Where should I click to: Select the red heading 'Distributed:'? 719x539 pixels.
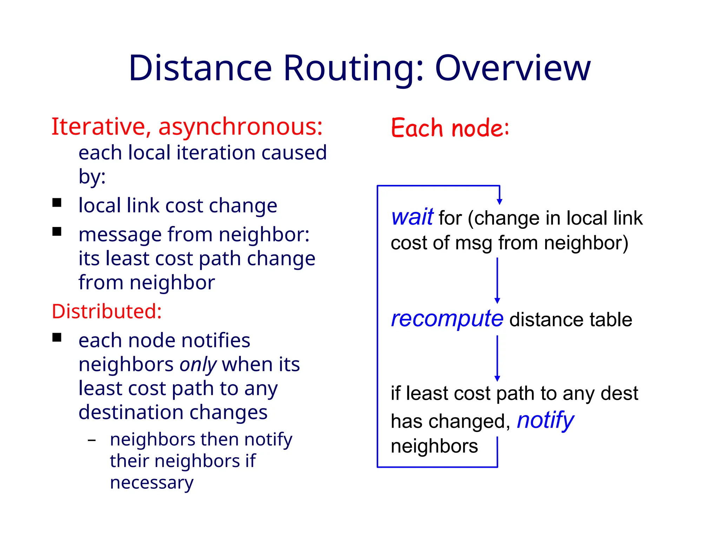coord(107,311)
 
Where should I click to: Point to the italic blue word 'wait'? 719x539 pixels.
coord(412,217)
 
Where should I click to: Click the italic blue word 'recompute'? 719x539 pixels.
coord(447,319)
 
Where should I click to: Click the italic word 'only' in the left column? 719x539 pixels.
coord(198,365)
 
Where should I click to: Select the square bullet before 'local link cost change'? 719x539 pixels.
coord(57,203)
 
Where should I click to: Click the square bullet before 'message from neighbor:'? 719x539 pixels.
coord(57,232)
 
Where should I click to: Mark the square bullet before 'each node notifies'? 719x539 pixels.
coord(57,338)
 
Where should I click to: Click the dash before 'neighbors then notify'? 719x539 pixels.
coord(92,440)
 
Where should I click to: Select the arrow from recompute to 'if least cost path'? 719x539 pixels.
coord(497,358)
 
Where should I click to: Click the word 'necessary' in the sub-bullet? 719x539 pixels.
coord(152,483)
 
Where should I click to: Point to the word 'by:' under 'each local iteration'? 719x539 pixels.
coord(92,177)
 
